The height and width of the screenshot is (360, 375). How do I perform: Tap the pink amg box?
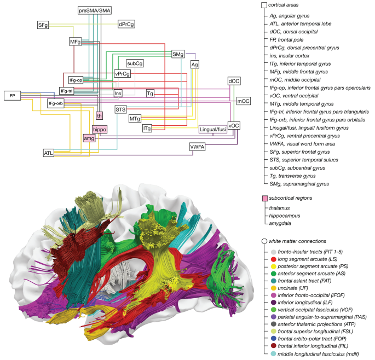tap(89, 139)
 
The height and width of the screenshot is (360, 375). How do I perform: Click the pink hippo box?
tap(99, 129)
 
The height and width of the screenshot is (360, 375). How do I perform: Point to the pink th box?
tap(99, 115)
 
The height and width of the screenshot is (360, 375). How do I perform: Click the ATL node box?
tap(49, 153)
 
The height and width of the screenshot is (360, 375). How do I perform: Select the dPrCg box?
tap(126, 24)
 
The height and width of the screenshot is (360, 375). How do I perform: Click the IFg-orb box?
tap(56, 103)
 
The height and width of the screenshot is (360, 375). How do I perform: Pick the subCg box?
tap(135, 63)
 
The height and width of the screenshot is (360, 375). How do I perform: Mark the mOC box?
tap(243, 101)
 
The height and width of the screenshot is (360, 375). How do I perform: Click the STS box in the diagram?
tap(120, 109)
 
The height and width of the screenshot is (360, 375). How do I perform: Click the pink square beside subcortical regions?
tap(264, 198)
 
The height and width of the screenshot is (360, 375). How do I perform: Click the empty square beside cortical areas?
tap(264, 5)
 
